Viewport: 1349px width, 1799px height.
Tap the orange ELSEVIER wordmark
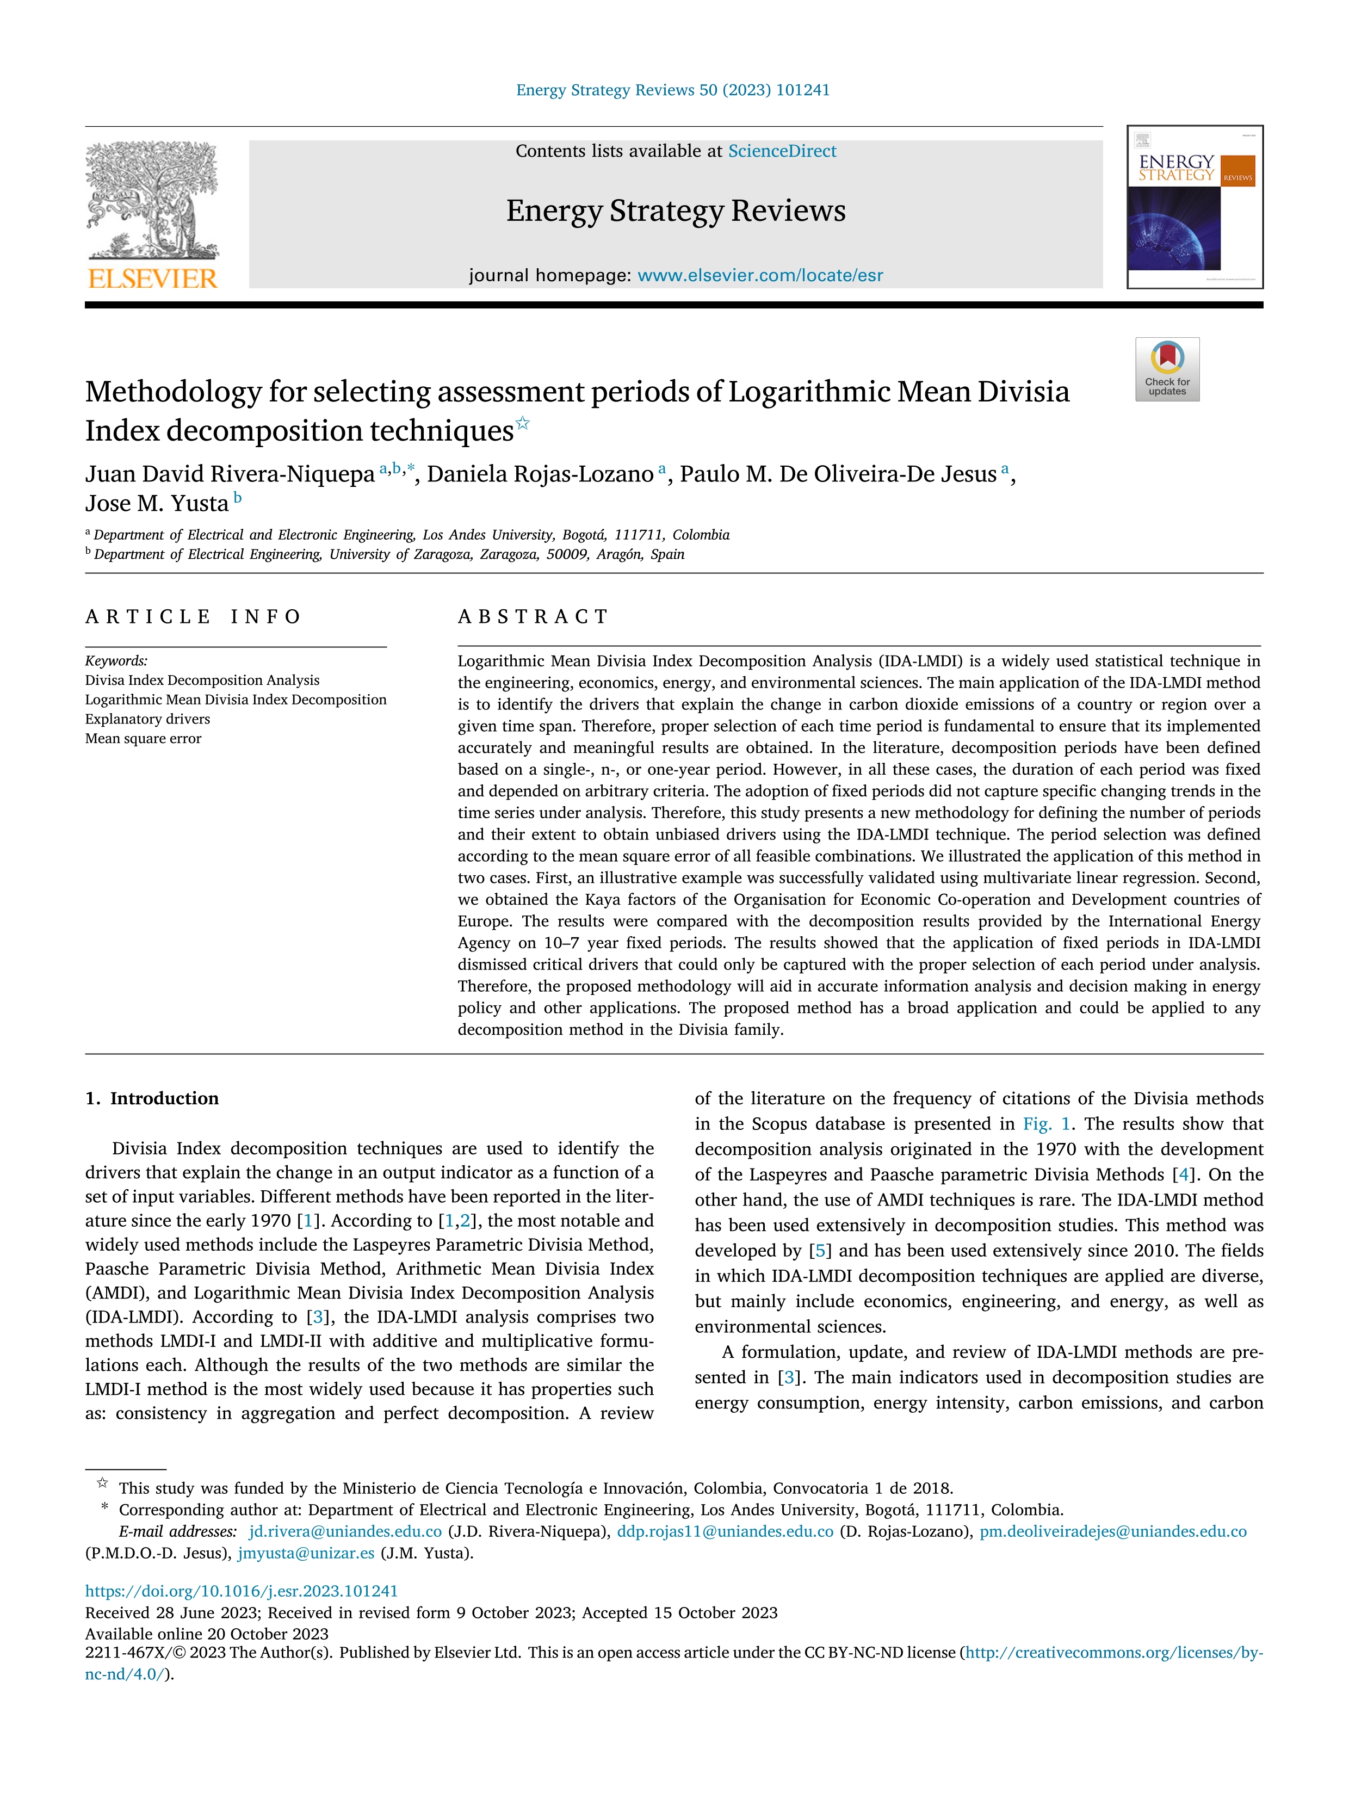[x=152, y=279]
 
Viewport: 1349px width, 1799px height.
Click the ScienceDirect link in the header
[x=782, y=151]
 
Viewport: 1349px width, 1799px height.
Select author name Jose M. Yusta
[x=157, y=503]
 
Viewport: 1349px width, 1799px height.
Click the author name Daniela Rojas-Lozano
[x=540, y=474]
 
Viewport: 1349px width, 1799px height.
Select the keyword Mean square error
[x=143, y=738]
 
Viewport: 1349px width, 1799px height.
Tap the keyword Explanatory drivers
[x=147, y=719]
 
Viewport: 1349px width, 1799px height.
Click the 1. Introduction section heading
[x=152, y=1099]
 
